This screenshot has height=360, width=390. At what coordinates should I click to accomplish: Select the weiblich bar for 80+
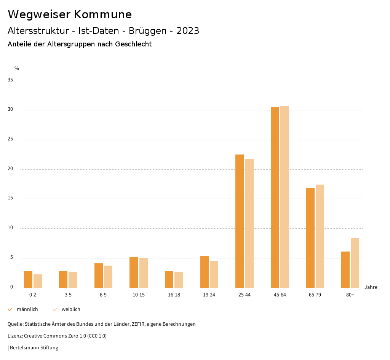coord(355,263)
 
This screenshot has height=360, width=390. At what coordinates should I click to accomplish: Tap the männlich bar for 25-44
coord(240,221)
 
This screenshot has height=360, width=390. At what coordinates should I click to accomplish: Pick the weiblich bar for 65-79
coord(320,236)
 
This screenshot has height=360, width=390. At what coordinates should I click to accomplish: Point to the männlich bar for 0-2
coord(28,279)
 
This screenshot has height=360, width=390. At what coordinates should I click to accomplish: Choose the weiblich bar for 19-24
coord(214,274)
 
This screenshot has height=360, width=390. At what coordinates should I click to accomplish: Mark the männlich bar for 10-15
coord(134,272)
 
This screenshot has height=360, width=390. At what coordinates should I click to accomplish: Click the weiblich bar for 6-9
coord(108,277)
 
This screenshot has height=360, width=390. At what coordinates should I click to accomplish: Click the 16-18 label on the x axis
coord(174,295)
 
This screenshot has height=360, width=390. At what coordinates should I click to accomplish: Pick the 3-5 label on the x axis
coord(68,295)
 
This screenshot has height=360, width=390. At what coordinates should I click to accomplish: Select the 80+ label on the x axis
coord(350,295)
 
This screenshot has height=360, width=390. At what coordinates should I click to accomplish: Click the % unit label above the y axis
coord(17,68)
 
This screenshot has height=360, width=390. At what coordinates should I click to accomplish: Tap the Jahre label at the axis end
coord(371,287)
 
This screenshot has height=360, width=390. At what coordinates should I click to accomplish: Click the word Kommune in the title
coord(103,14)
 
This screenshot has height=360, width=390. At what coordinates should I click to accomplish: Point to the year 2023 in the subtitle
coord(188,31)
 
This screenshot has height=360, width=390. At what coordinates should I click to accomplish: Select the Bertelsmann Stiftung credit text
coord(34,347)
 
